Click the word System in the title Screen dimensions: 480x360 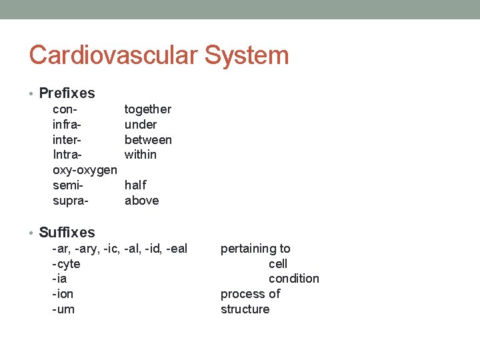tap(247, 55)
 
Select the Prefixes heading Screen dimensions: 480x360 tap(67, 93)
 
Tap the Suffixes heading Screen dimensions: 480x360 tap(67, 233)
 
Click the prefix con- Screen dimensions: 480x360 tap(65, 109)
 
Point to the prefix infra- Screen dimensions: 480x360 tap(67, 125)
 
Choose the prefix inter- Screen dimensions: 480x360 tap(67, 140)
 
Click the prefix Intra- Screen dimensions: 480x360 tap(67, 155)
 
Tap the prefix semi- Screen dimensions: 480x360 tap(67, 185)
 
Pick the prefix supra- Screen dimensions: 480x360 tap(70, 201)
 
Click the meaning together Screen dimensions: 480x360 tap(148, 109)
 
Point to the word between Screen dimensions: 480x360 tap(148, 140)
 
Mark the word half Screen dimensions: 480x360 tap(136, 185)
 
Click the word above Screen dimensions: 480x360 tap(142, 201)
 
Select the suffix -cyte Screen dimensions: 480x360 tap(66, 264)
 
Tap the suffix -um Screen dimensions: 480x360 tap(63, 309)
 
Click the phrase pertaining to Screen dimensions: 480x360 tap(255, 249)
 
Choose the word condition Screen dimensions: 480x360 tap(294, 279)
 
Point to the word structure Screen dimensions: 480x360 tap(245, 309)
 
